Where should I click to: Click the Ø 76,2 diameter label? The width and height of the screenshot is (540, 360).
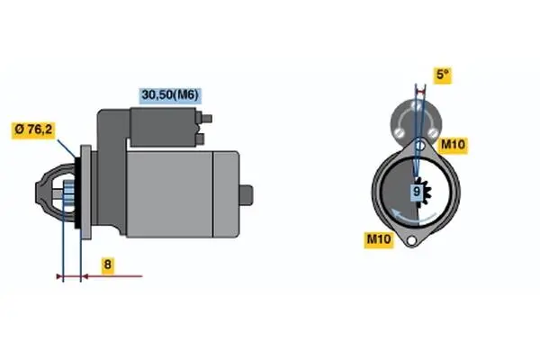click(x=33, y=130)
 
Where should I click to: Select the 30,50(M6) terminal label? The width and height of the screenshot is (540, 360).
click(x=170, y=95)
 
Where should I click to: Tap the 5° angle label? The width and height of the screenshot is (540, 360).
click(x=443, y=75)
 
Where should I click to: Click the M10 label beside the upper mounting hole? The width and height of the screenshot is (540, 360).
click(x=453, y=145)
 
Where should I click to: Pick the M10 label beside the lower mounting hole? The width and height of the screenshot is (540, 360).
click(x=379, y=238)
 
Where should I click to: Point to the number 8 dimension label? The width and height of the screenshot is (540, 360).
click(x=107, y=265)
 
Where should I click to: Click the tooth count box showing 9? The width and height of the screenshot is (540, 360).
click(x=417, y=191)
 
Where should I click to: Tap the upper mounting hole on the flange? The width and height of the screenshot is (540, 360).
click(x=419, y=146)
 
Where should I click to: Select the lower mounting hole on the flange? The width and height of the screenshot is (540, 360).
click(x=411, y=240)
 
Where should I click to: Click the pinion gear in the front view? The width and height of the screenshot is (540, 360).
click(x=424, y=193)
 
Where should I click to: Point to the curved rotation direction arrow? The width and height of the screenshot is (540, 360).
click(x=413, y=217)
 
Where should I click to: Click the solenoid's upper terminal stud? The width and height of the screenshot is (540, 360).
click(x=206, y=119)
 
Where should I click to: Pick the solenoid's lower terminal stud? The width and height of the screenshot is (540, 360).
click(x=200, y=139)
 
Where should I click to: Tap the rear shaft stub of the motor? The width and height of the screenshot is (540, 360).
click(x=246, y=195)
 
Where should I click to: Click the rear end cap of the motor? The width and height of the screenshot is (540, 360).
click(x=226, y=194)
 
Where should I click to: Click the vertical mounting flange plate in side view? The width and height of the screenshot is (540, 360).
click(x=85, y=192)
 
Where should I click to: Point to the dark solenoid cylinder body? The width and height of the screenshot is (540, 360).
click(x=163, y=127)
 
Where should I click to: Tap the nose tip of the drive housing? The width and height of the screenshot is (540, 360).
click(x=37, y=193)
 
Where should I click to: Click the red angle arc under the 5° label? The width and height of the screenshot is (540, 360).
click(x=420, y=92)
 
